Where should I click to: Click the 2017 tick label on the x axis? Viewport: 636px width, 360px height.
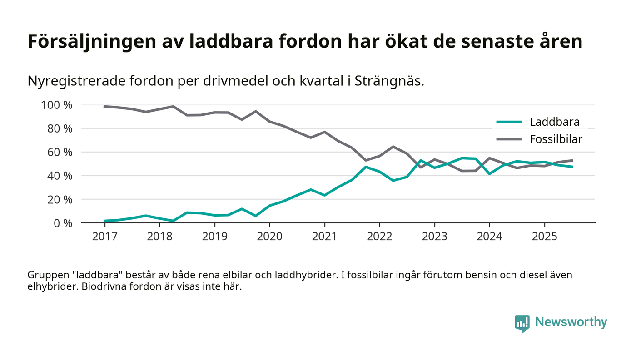coord(104,237)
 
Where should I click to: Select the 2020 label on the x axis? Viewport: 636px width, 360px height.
coord(269,237)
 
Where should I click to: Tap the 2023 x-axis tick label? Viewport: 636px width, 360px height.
coord(434,237)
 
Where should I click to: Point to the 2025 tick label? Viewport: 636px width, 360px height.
coord(544,237)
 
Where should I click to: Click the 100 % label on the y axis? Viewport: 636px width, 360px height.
coord(56,105)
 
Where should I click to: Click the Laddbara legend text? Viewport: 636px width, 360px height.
coord(554,122)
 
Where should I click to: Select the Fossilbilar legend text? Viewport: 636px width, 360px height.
coord(556,139)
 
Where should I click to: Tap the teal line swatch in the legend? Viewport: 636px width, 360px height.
coord(509,122)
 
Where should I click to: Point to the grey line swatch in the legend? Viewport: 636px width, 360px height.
coord(509,139)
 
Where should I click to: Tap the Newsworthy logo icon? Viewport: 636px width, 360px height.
coord(522,323)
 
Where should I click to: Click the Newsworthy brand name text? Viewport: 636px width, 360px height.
coord(571,322)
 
